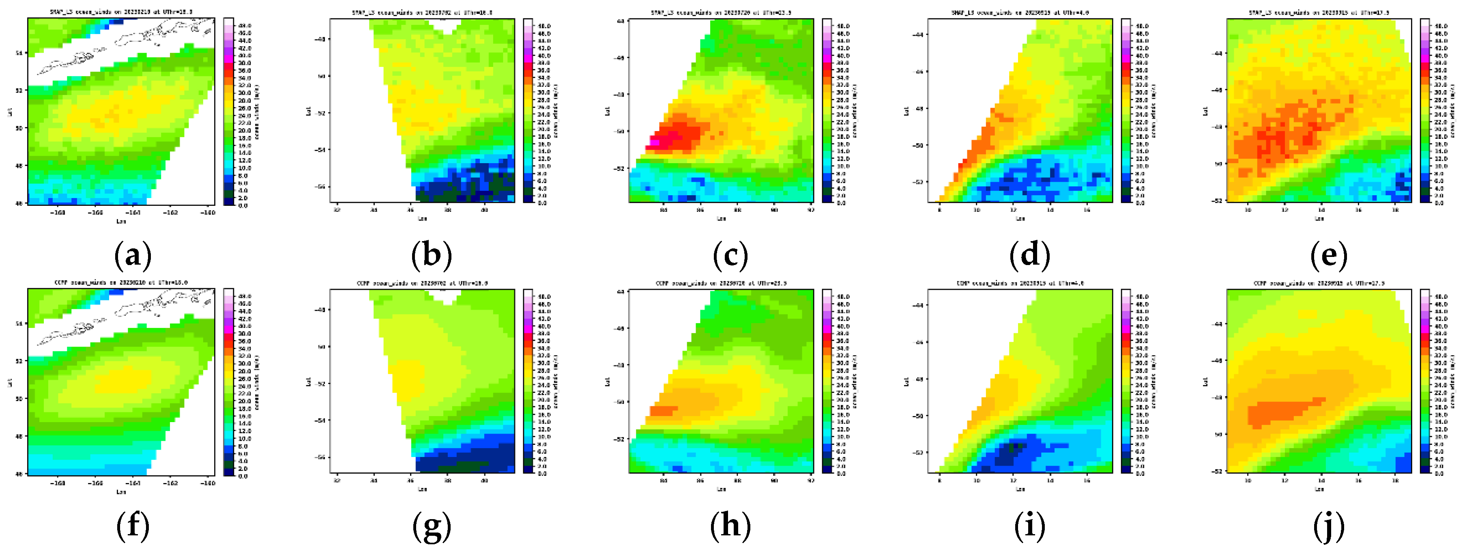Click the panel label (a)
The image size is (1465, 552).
[133, 256]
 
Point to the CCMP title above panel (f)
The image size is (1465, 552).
[120, 282]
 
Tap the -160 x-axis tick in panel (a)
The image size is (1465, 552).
[208, 212]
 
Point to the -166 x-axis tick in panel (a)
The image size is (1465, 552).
[96, 212]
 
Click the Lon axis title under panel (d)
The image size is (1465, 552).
[1020, 218]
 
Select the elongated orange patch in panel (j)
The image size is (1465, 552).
[1280, 411]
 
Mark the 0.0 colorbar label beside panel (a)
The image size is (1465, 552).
[243, 205]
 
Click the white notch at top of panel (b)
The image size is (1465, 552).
[445, 25]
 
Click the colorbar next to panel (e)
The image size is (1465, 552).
[1424, 110]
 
